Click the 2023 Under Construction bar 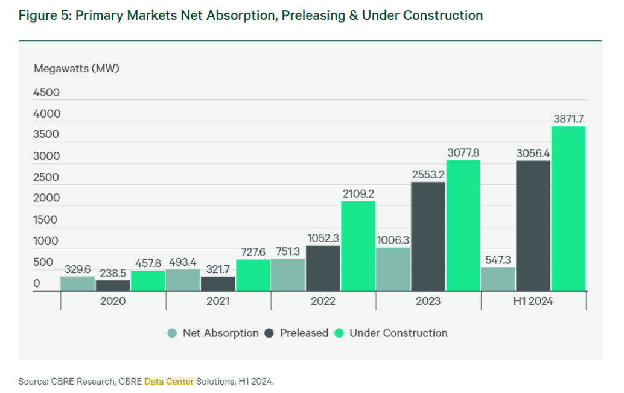pos(463,225)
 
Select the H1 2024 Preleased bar pos(533,226)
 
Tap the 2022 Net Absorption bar pos(288,275)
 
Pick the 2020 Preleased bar pos(112,286)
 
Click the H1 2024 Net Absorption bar pos(498,279)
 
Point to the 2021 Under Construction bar pos(253,275)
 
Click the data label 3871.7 pos(568,119)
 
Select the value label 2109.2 pos(358,194)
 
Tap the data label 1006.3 pos(393,241)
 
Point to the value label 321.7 pos(218,269)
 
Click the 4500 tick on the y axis pos(46,93)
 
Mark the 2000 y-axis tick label pos(46,198)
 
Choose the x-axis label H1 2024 pos(533,301)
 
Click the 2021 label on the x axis pos(218,301)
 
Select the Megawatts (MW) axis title pos(77,68)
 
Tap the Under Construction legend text pos(398,333)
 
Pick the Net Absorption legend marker pos(172,333)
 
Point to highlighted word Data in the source pos(154,381)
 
